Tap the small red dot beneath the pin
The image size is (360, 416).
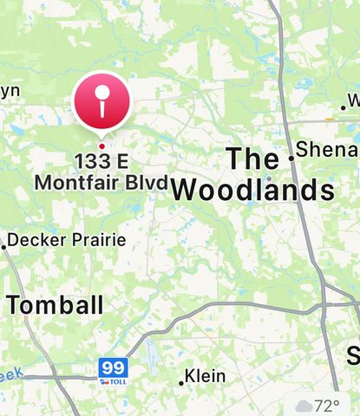pos(101,146)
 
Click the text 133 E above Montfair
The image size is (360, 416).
pos(101,161)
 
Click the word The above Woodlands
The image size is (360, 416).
pos(252,159)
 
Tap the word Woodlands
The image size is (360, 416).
pos(252,191)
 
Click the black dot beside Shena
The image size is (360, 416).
pos(291,158)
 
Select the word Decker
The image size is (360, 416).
pos(40,239)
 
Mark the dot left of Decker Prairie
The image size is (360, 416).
pos(4,247)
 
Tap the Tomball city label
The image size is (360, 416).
pos(55,304)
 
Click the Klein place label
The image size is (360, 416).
pos(206,376)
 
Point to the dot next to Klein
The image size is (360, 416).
pos(181,382)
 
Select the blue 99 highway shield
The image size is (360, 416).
pos(113,367)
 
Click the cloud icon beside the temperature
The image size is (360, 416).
pos(304,405)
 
